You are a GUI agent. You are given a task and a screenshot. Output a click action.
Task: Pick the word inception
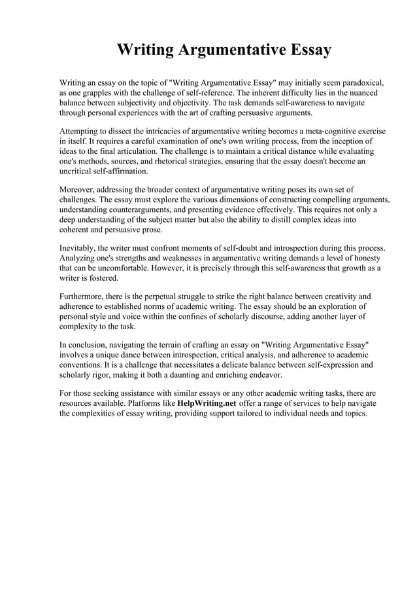[337, 141]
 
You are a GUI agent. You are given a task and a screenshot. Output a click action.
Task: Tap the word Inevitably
[80, 248]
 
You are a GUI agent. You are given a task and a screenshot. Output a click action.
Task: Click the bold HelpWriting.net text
[207, 403]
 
